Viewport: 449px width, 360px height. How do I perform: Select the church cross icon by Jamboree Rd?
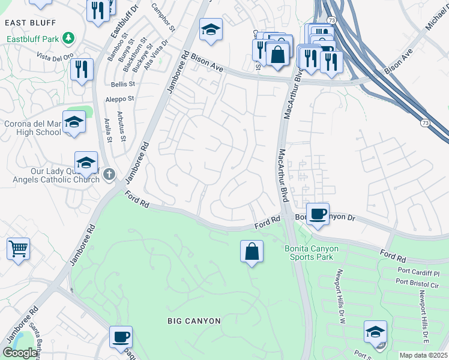pos(108,175)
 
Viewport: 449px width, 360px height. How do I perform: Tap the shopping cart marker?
pos(18,248)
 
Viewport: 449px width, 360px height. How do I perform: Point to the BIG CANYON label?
pos(194,321)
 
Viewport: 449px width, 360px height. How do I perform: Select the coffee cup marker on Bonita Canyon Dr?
pos(318,213)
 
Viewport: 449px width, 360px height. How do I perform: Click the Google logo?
pos(20,352)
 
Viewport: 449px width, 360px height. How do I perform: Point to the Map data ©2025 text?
pos(423,355)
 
